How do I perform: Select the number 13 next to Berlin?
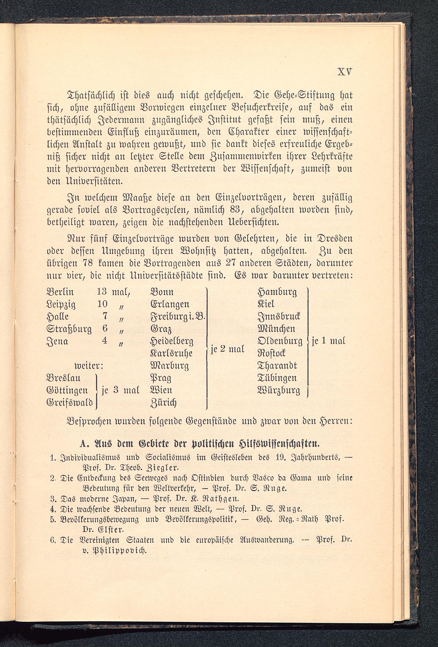point(102,291)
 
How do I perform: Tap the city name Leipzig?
point(61,305)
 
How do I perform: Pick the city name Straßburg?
point(69,329)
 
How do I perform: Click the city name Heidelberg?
point(171,341)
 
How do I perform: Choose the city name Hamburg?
point(277,292)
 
